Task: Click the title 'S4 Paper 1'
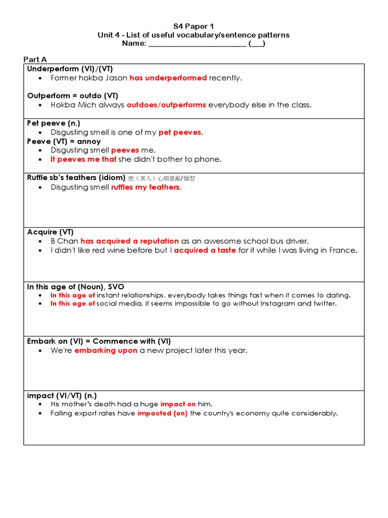pos(193,26)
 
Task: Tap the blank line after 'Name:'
pos(197,44)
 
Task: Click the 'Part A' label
pos(35,60)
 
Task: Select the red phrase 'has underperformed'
pos(168,78)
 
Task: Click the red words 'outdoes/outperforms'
pos(166,105)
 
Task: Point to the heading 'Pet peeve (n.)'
pos(54,123)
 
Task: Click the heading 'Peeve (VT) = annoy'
pos(64,141)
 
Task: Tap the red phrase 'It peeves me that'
pos(83,159)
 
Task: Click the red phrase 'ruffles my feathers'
pos(145,187)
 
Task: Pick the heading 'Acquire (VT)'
pos(50,232)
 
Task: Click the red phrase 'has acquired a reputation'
pos(130,241)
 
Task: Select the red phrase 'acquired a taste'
pos(205,250)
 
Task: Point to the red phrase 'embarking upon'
pos(106,351)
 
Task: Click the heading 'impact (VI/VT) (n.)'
pos(62,396)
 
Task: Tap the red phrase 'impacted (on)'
pos(163,413)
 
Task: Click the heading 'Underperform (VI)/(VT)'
pos(73,69)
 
